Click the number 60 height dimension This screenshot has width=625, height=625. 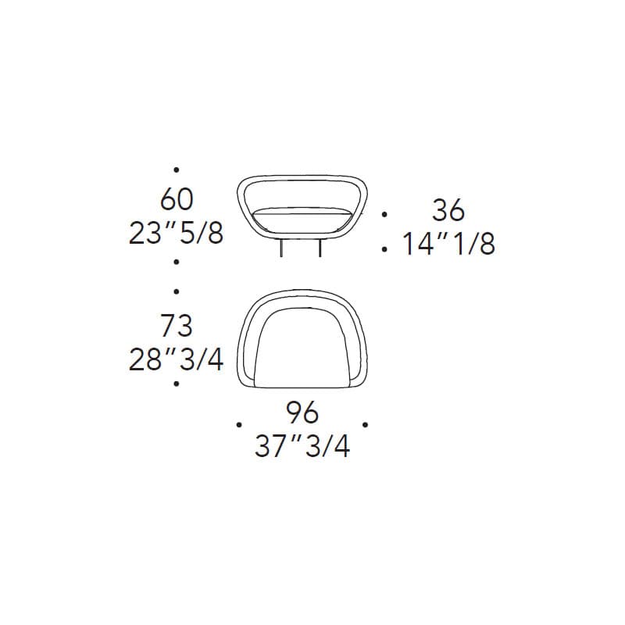(x=177, y=199)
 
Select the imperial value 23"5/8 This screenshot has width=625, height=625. (x=177, y=233)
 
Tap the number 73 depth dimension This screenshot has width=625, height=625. (x=177, y=326)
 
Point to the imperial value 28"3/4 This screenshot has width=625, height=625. (x=176, y=359)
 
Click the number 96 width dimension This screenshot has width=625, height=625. (x=302, y=412)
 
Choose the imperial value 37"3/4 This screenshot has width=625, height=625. (x=302, y=446)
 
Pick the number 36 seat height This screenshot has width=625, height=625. (x=448, y=210)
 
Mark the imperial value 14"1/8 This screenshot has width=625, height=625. (x=448, y=244)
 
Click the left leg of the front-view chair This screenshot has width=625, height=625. (x=281, y=248)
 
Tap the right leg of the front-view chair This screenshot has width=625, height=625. (x=320, y=248)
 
